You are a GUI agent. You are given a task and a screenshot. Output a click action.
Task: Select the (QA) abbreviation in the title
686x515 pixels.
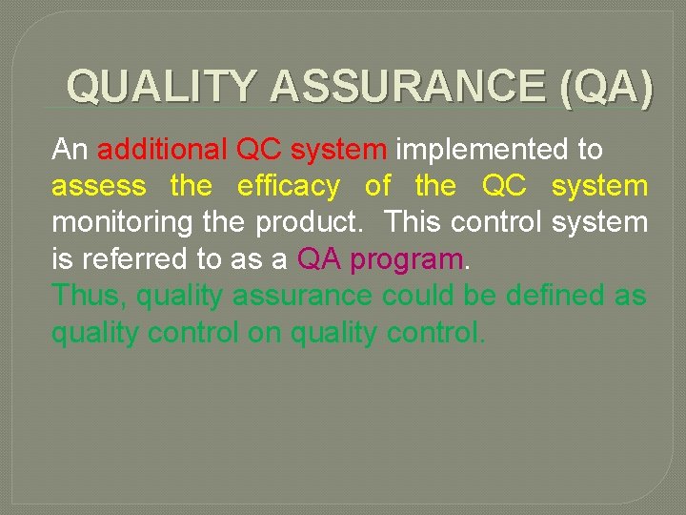(x=608, y=87)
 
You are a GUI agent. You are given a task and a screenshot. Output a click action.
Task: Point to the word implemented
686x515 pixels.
(x=479, y=151)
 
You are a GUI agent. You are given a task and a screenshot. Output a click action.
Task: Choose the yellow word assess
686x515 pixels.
(x=99, y=187)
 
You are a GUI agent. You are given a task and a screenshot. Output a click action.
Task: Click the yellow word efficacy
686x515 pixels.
(x=289, y=187)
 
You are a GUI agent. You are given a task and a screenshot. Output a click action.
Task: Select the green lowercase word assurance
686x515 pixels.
(x=303, y=297)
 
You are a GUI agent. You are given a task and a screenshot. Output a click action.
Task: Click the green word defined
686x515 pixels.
(x=555, y=296)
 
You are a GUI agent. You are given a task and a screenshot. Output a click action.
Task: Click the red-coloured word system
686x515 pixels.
(x=340, y=151)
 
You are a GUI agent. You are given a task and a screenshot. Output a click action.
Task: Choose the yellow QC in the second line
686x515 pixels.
(x=504, y=186)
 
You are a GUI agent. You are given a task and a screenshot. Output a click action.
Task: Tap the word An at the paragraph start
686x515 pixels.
(x=70, y=150)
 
